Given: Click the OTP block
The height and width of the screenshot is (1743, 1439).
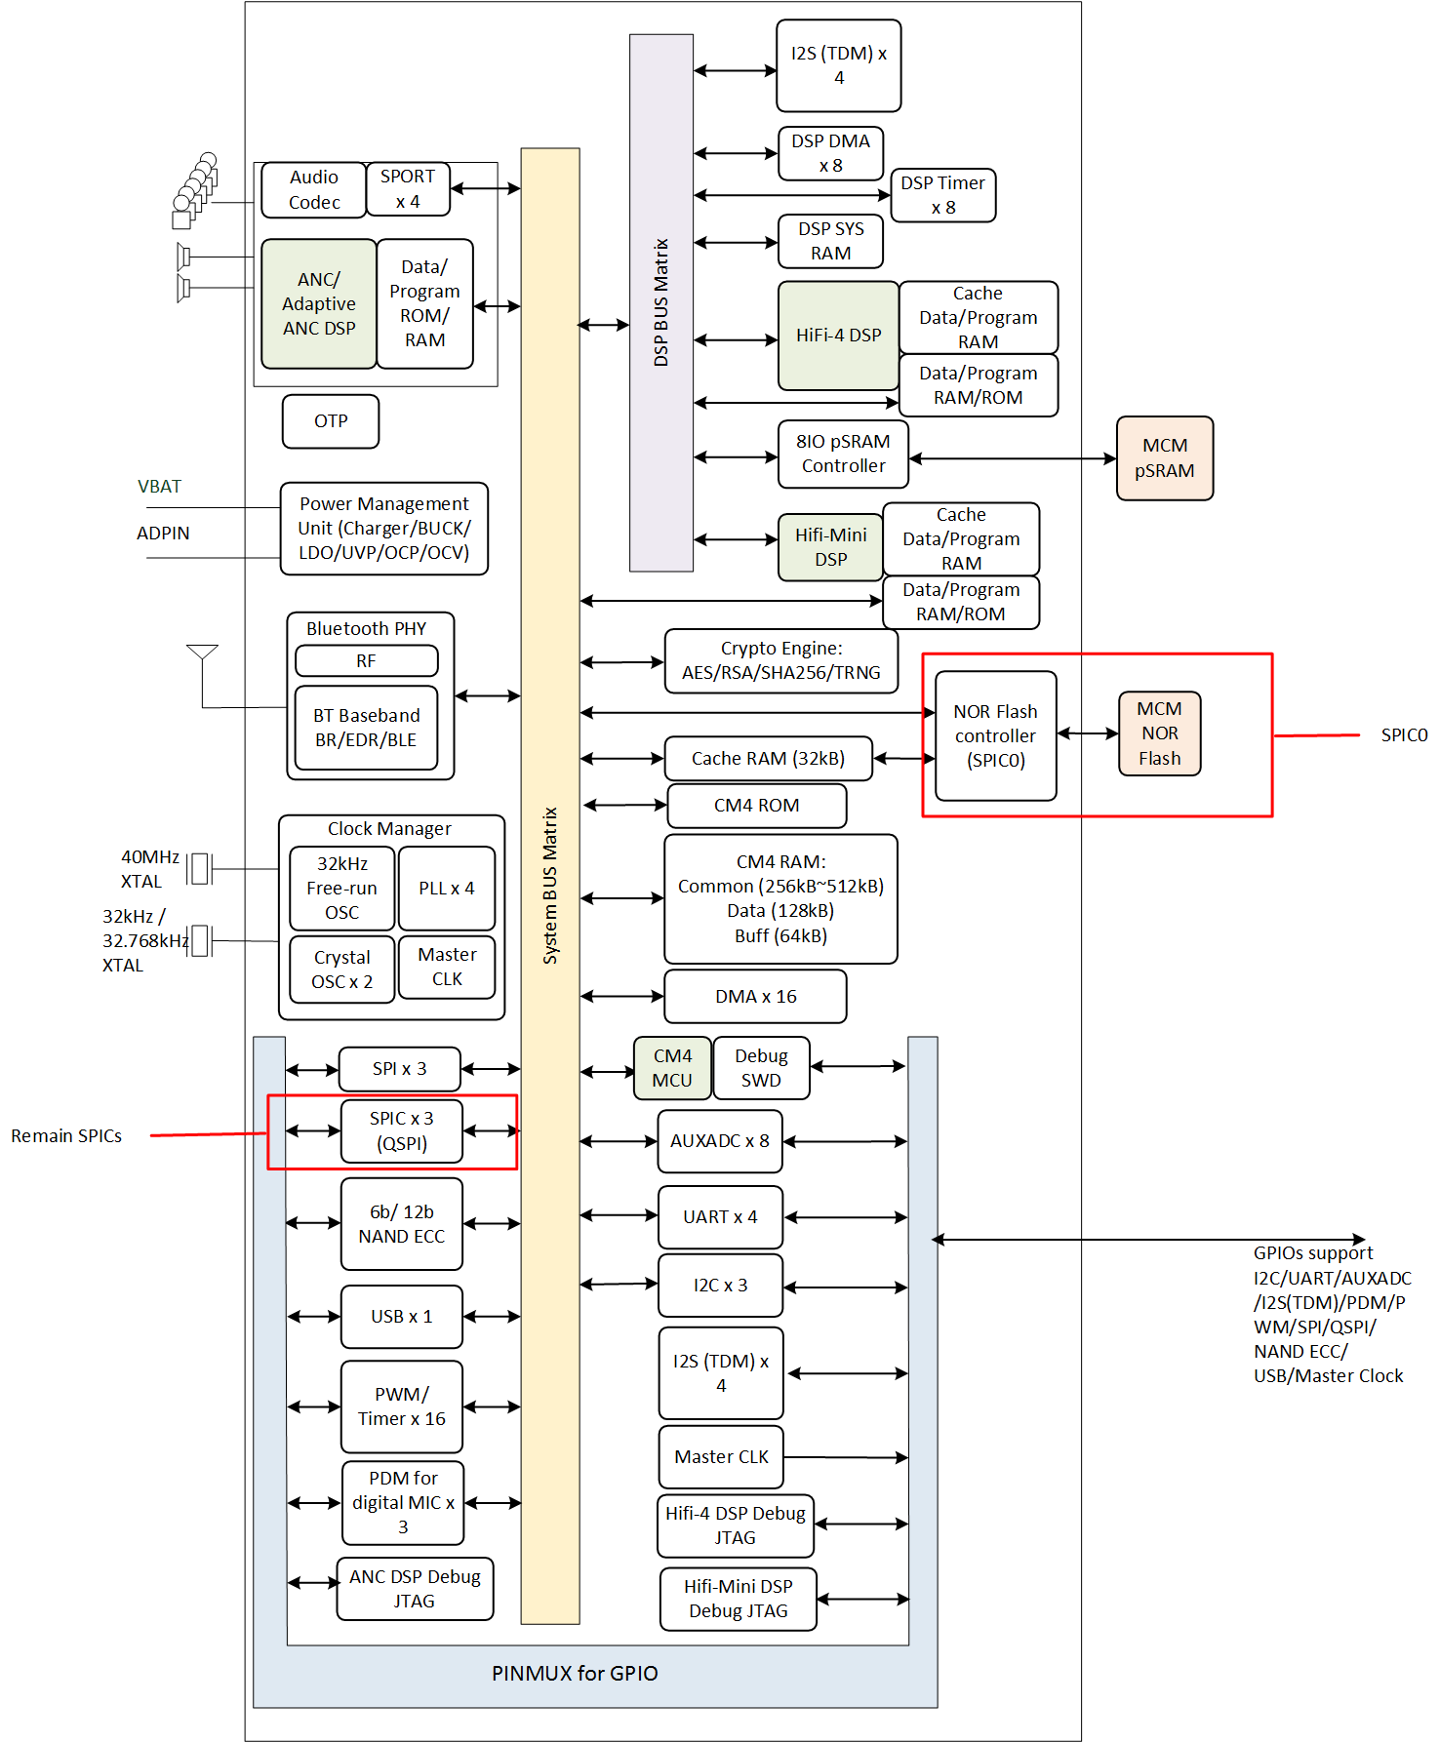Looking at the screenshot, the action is pos(331,421).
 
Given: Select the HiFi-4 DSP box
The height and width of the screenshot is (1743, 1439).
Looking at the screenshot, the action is pos(838,336).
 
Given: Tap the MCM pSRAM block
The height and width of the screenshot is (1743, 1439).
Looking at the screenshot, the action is pos(1165,458).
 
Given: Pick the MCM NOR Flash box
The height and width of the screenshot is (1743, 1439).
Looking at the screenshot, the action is pos(1160,733).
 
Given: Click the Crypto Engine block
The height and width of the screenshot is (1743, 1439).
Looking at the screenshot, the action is pos(781,661).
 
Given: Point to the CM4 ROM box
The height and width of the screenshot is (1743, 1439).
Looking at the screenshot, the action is pos(757,806).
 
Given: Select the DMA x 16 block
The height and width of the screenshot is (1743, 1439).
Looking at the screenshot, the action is pos(756,997).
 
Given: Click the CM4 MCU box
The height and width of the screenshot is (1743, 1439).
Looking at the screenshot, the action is pos(672,1068).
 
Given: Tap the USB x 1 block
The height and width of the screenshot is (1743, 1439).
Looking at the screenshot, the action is pos(402,1317).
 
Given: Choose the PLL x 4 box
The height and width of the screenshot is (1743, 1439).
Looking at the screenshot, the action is pos(447,889).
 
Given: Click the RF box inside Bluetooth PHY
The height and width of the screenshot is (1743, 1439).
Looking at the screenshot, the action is pos(367,661).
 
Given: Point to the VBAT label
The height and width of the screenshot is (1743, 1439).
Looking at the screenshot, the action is pos(159,487).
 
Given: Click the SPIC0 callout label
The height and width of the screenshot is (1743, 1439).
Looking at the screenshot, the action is pos(1404,735).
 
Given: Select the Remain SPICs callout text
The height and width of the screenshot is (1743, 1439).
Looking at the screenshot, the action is pos(66,1136).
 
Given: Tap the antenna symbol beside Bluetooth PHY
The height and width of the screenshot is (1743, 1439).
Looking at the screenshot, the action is pos(202,654).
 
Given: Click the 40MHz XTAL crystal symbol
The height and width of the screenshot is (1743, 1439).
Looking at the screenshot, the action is pos(200,868).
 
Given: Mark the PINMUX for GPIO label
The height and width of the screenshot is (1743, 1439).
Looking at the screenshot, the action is pos(575,1674).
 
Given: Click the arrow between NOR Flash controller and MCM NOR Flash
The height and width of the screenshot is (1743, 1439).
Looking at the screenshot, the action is pos(1088,733).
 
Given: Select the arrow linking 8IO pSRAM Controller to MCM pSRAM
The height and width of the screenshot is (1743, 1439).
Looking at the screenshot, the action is pos(1013,458).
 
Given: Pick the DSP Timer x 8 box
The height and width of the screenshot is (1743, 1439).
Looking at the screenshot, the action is pos(943,195).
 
